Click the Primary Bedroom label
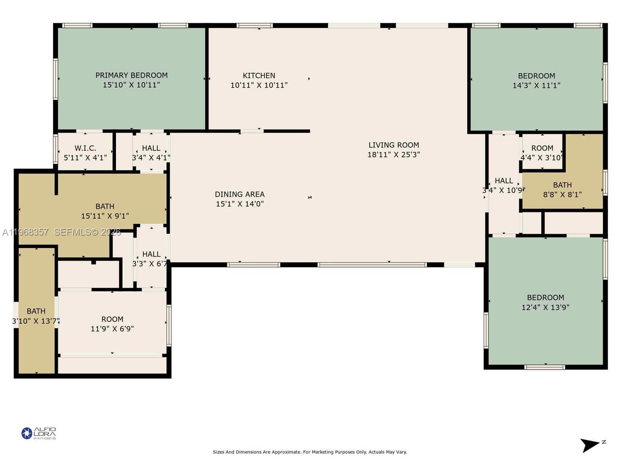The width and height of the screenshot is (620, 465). pos(131,75)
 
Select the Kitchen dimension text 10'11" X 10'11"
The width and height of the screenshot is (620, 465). pos(259,85)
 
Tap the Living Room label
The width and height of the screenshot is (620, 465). pos(393,145)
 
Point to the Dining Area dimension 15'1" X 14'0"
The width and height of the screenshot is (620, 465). pos(239,204)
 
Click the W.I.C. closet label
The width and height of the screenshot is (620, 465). pos(85,148)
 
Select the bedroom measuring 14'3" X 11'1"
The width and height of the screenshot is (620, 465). pos(536,81)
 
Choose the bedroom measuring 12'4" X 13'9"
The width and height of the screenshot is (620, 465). pos(545,302)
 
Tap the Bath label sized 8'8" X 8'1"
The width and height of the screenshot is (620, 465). pos(562,185)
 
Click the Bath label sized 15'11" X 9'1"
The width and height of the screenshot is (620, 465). pos(105,207)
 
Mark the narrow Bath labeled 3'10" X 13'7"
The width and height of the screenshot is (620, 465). pos(36,312)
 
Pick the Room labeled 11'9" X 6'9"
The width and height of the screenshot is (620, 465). pos(112,319)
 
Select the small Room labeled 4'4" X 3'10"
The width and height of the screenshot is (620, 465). pos(542,148)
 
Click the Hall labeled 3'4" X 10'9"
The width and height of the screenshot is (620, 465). pos(504,181)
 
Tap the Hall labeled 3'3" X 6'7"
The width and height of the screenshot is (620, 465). pos(151,255)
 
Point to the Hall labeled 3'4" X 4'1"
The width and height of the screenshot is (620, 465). pos(151,148)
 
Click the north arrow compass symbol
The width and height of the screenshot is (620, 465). pos(591,445)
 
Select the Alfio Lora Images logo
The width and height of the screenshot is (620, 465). pos(39,433)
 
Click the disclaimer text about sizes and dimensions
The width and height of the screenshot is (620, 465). pos(310,452)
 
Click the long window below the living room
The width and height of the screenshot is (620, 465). pos(372,265)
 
